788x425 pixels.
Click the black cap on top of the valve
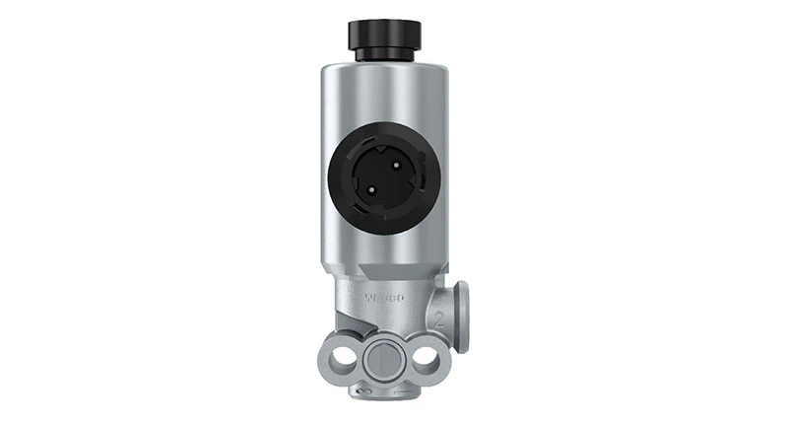click(383, 34)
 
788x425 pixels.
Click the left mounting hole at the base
click(341, 360)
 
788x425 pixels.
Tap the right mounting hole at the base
click(427, 360)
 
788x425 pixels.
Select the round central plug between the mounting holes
click(383, 361)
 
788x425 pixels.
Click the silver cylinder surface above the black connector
click(383, 94)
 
